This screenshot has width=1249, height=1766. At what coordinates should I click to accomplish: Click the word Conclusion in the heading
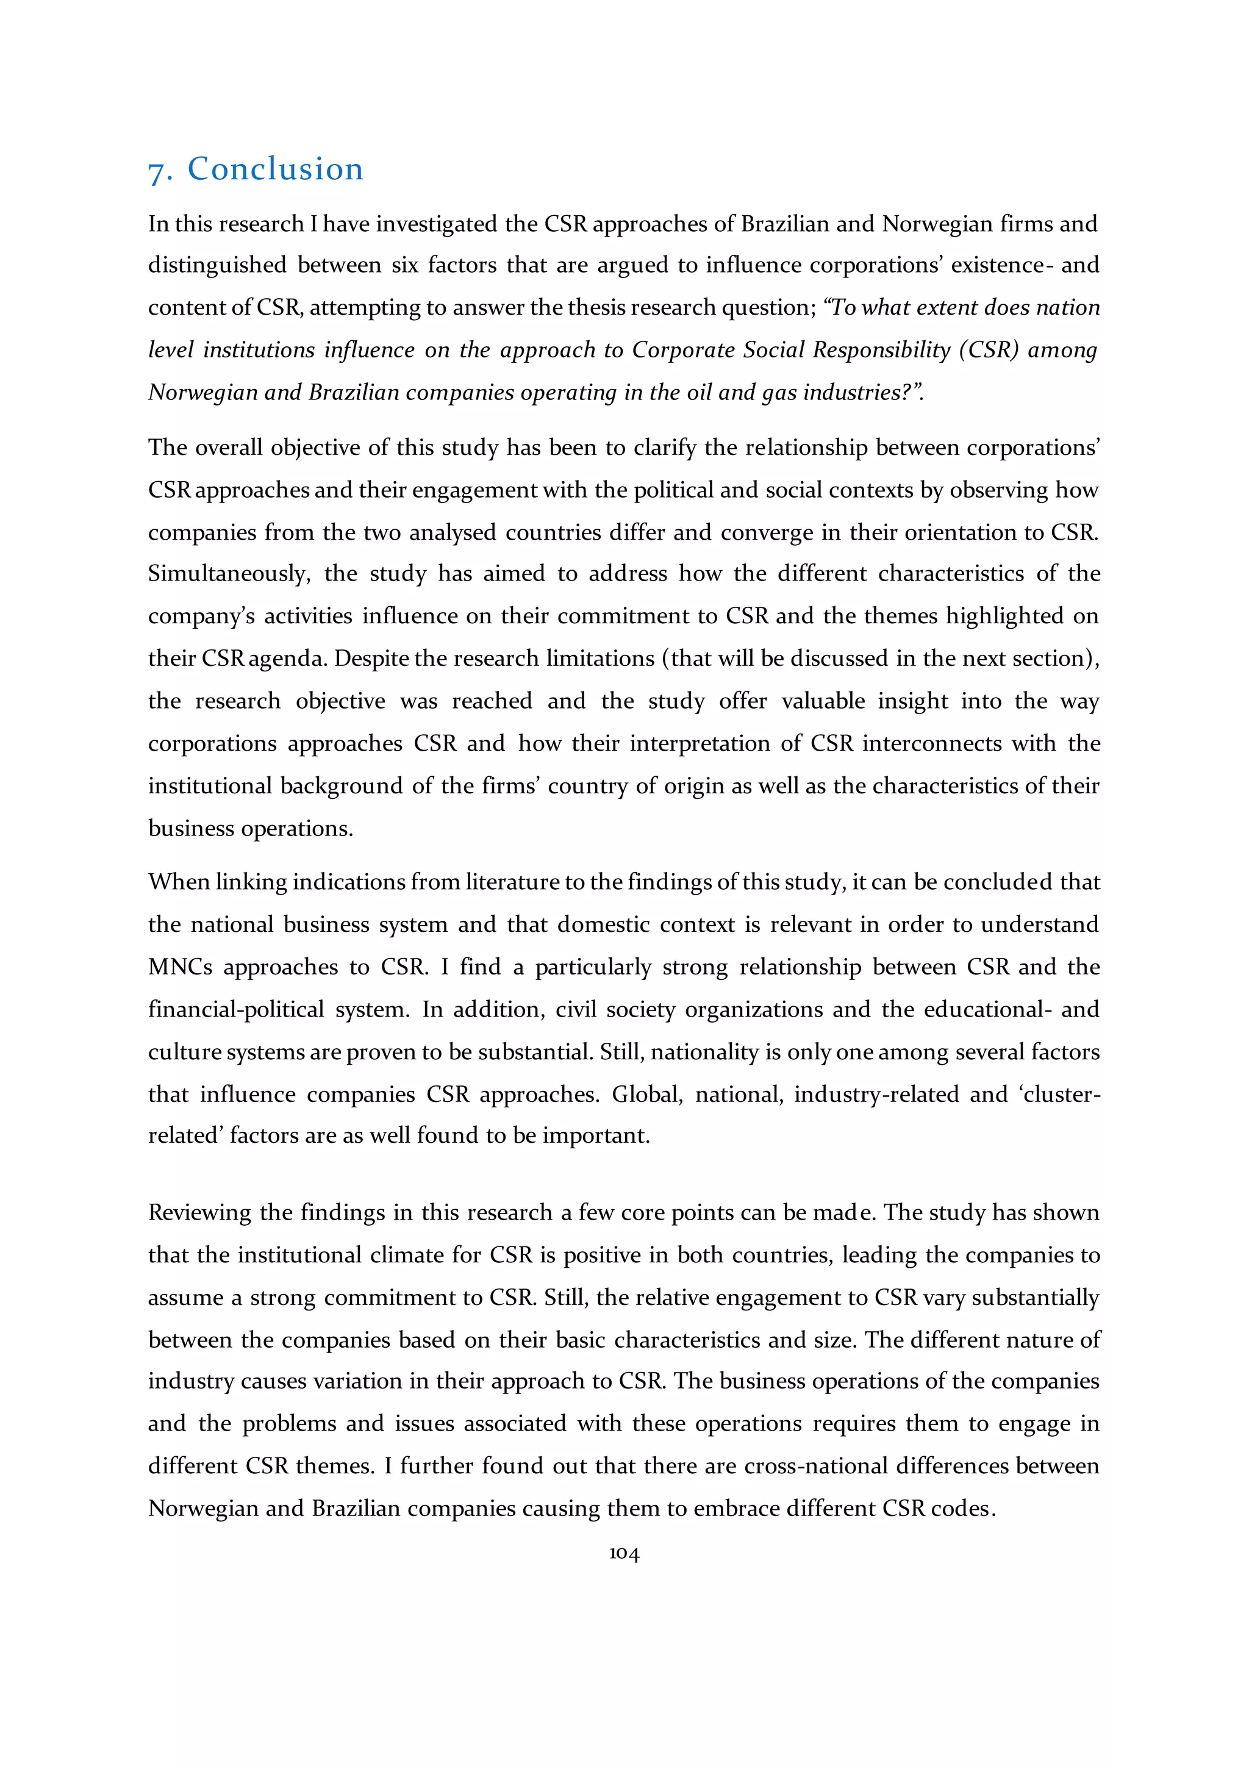click(275, 169)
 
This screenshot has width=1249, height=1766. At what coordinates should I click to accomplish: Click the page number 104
click(624, 1554)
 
